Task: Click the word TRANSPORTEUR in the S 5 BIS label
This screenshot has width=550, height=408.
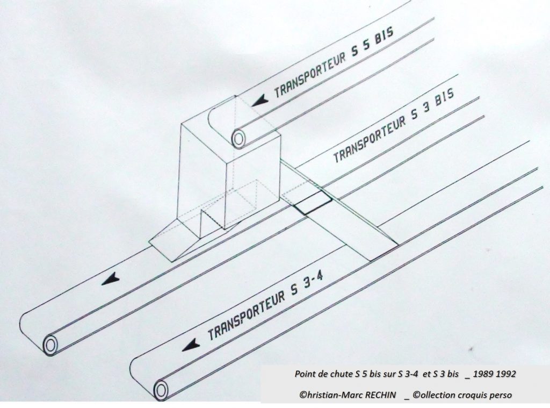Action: pos(310,75)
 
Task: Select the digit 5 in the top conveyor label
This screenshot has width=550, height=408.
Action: pos(366,47)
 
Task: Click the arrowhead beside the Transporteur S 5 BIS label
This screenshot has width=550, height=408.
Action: pos(260,102)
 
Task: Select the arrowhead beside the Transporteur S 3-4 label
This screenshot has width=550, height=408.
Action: pos(191,345)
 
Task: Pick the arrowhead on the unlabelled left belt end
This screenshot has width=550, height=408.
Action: pos(110,279)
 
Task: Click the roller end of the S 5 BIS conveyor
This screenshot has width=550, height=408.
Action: pos(239,139)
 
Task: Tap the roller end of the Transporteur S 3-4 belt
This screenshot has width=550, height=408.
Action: pos(161,390)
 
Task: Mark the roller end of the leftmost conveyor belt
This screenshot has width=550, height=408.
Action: pos(50,346)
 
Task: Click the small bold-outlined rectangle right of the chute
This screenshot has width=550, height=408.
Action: pos(313,203)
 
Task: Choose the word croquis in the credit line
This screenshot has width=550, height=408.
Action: pos(473,395)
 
